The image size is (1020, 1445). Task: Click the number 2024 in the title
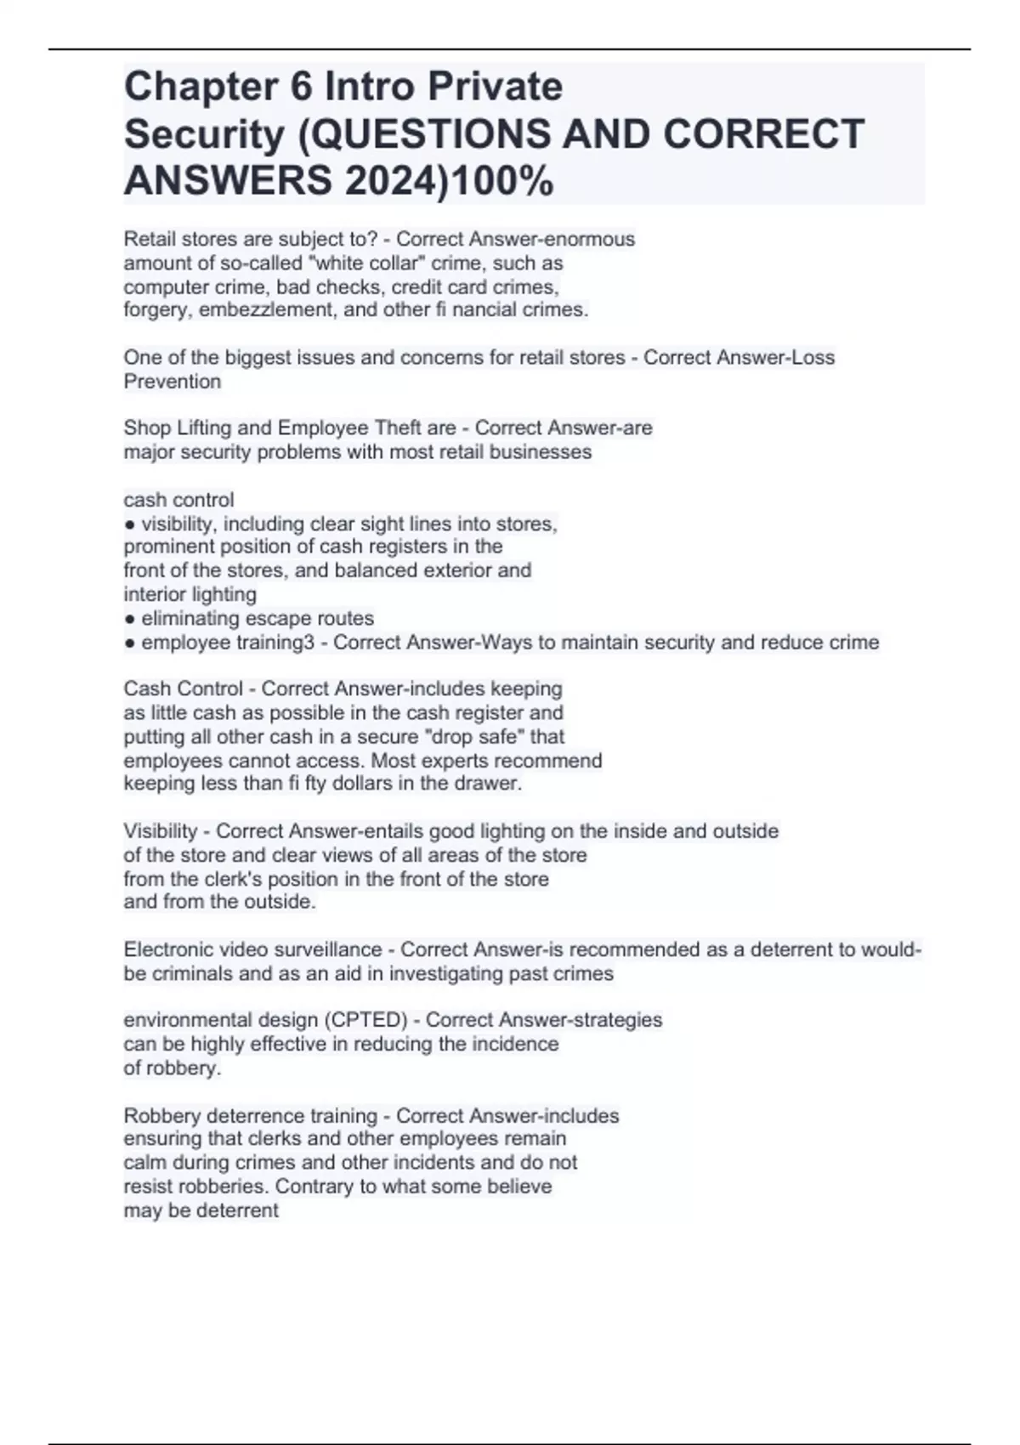click(390, 180)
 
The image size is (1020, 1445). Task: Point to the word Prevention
click(173, 382)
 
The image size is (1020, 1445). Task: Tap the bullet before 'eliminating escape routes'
click(129, 619)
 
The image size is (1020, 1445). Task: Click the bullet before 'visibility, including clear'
click(129, 524)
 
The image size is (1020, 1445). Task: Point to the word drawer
click(490, 784)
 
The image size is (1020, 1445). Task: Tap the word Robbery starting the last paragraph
click(161, 1116)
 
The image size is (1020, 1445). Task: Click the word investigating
click(435, 974)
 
